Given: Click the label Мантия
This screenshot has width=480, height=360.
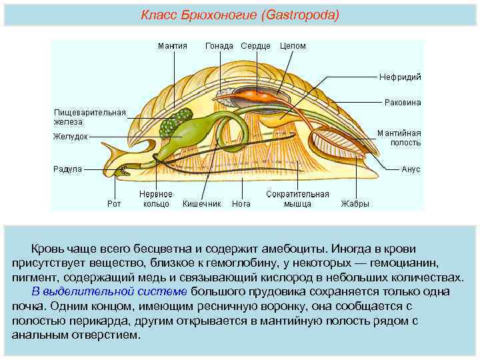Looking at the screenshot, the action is [172, 46].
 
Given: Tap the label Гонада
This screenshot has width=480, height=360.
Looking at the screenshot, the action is [219, 46].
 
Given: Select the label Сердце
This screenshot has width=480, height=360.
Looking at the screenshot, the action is [255, 46].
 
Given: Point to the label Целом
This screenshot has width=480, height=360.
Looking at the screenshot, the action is [293, 46].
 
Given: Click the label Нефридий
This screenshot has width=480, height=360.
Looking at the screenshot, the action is [400, 77].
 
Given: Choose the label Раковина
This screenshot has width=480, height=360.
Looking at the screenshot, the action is [403, 103].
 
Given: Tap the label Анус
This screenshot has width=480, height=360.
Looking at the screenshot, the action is [411, 169].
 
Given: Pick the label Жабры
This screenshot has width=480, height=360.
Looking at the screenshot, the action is [355, 204].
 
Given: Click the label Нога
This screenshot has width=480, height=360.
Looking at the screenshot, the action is [241, 204].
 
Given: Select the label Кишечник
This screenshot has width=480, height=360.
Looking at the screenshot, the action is [202, 204].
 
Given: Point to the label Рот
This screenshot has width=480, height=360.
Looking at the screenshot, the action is [114, 204].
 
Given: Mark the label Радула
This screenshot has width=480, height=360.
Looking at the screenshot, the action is [67, 169].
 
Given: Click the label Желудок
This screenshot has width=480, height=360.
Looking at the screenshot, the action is [71, 137].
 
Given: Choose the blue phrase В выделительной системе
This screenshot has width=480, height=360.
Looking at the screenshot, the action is [110, 291].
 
